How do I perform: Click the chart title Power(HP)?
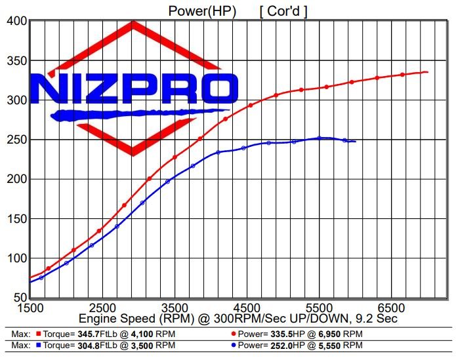(x=198, y=10)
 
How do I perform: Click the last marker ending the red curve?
(x=426, y=72)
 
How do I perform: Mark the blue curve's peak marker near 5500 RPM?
(x=320, y=138)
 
